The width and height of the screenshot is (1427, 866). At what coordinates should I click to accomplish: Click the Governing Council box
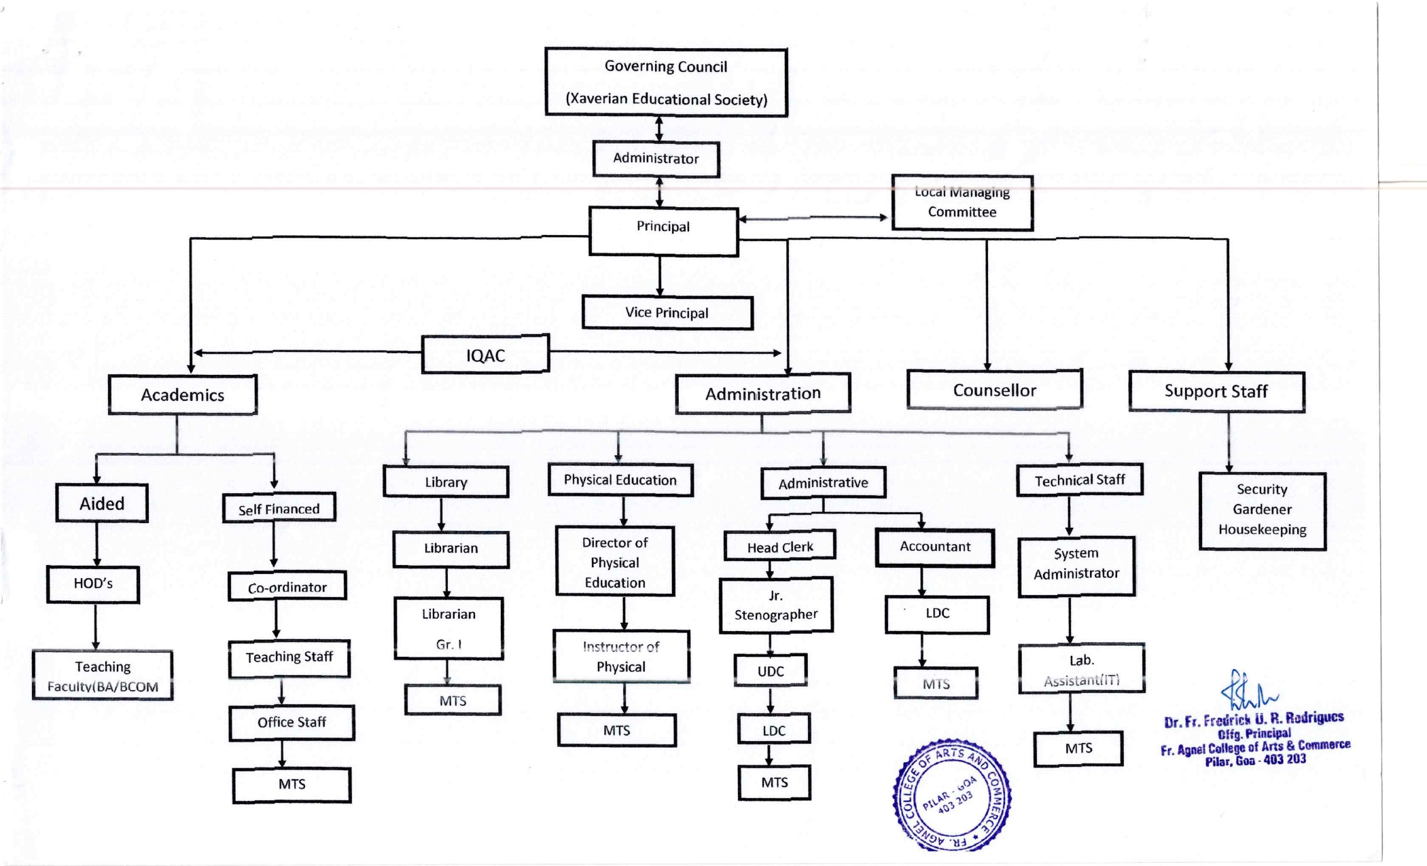666,82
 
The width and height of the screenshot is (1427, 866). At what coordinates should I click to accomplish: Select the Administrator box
656,159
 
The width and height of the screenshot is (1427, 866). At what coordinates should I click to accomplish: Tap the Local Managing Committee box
962,202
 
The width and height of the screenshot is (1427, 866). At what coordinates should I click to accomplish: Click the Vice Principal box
667,312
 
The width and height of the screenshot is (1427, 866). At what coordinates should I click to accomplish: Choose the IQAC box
485,355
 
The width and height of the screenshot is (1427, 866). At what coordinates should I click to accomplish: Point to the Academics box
182,395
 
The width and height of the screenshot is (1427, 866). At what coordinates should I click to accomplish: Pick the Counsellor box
994,390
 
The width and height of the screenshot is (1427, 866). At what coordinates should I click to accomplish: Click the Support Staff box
1216,391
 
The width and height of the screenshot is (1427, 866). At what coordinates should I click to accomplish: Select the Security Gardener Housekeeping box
1262,510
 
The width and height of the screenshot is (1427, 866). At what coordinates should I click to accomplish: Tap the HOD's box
93,584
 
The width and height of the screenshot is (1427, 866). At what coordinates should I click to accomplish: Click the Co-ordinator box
287,587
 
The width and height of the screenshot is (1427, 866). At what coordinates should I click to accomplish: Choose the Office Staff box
292,723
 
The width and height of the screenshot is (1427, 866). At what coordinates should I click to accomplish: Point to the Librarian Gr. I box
448,628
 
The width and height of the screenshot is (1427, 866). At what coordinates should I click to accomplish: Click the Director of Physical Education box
615,562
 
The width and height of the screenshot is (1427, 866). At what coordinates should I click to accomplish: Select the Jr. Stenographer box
776,605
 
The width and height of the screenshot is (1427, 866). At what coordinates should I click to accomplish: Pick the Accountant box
935,547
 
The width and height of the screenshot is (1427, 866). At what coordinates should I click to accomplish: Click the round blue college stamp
951,795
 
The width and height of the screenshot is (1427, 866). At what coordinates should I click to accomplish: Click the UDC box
771,671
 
